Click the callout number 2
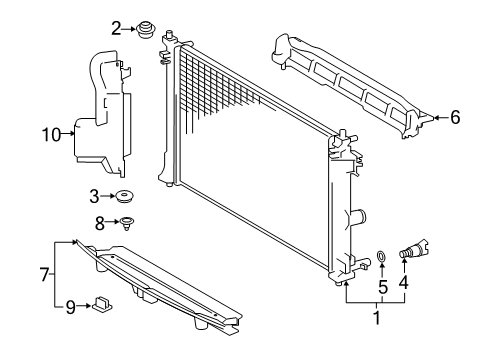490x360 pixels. [x=116, y=28]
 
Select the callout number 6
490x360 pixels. [x=455, y=118]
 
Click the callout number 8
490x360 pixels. [x=98, y=224]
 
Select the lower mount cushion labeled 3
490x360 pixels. [x=127, y=197]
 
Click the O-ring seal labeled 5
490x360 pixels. [x=381, y=265]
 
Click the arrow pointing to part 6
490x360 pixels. [x=438, y=118]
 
